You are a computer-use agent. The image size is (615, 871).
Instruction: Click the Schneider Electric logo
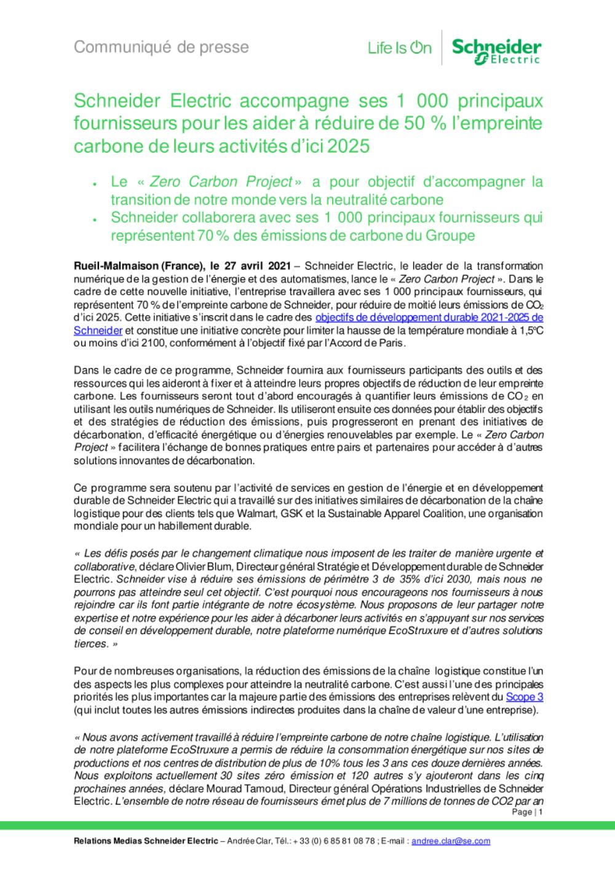pyautogui.click(x=496, y=50)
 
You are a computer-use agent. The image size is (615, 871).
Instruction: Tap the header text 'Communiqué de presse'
pyautogui.click(x=162, y=47)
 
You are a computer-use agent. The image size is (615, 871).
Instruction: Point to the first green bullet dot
pyautogui.click(x=94, y=184)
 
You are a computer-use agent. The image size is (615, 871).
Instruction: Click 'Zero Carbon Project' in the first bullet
pyautogui.click(x=221, y=182)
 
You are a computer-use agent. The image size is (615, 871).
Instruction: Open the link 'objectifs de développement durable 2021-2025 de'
pyautogui.click(x=429, y=318)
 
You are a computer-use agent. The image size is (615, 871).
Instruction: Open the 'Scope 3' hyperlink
pyautogui.click(x=524, y=697)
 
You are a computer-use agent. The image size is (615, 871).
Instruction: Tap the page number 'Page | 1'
pyautogui.click(x=526, y=813)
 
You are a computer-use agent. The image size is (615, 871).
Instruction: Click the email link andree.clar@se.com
pyautogui.click(x=451, y=841)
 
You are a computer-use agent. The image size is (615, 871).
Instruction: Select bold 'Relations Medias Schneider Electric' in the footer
pyautogui.click(x=146, y=841)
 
